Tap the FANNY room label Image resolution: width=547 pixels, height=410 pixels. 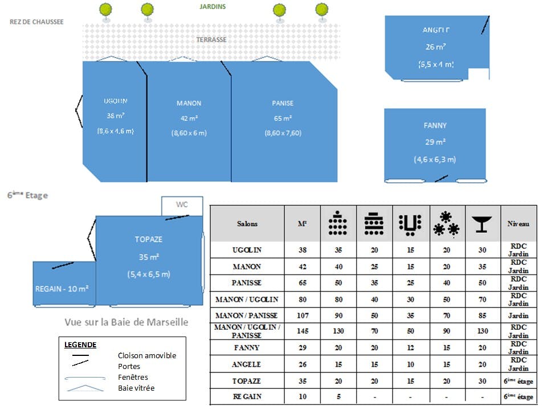tap(435, 125)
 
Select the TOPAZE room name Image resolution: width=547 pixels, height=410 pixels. tap(148, 239)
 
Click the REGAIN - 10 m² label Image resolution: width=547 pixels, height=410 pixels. tap(62, 289)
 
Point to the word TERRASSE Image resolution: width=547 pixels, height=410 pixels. tap(211, 40)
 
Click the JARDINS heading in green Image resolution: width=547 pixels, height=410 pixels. tap(213, 7)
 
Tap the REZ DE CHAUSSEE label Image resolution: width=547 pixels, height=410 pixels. tap(36, 22)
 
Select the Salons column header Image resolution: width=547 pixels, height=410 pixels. tap(247, 224)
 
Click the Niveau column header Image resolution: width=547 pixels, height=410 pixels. tap(518, 224)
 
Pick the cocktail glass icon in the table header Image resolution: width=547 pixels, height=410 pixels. tap(482, 224)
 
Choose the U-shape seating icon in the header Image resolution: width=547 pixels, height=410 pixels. tap(410, 224)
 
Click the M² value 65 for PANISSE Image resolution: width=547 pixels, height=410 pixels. tap(303, 283)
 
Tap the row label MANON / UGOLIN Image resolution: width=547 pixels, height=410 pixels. tap(247, 300)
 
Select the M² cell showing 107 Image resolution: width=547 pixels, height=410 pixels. tap(303, 315)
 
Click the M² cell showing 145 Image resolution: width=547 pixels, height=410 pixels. tap(303, 331)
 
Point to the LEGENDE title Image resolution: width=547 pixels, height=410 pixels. tap(80, 345)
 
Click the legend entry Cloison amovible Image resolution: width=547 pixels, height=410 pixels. tap(147, 355)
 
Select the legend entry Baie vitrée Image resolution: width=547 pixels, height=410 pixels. tap(136, 388)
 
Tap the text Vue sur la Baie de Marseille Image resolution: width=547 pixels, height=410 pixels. tap(126, 322)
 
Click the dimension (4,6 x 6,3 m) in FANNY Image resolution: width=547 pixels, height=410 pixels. tap(435, 159)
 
